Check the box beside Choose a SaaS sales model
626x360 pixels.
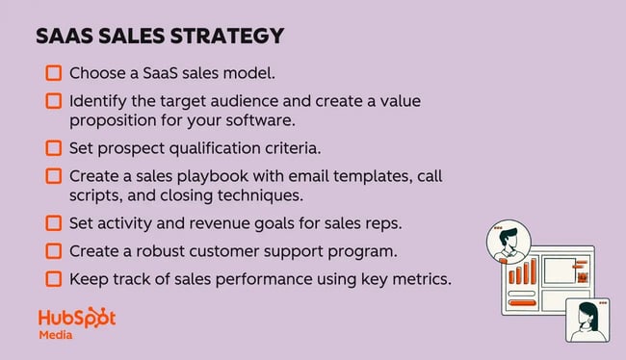pyautogui.click(x=53, y=73)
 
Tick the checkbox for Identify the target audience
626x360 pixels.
pyautogui.click(x=53, y=101)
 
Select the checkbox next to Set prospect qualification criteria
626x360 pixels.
pyautogui.click(x=53, y=148)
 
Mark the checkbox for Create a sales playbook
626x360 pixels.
pyautogui.click(x=53, y=176)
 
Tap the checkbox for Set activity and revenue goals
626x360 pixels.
pyautogui.click(x=53, y=223)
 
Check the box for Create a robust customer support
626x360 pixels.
pyautogui.click(x=53, y=251)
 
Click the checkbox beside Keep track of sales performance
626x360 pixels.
pyautogui.click(x=53, y=279)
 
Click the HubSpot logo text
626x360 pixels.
pyautogui.click(x=76, y=319)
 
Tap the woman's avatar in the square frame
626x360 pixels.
pyautogui.click(x=588, y=318)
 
